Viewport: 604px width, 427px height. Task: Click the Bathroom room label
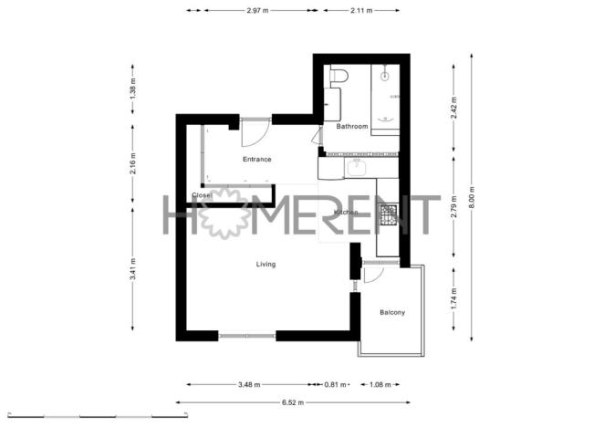click(351, 127)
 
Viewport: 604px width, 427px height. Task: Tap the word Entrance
click(256, 160)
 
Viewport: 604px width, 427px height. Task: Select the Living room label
click(266, 264)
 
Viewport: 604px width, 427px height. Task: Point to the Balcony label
click(392, 313)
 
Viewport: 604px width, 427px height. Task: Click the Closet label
click(202, 195)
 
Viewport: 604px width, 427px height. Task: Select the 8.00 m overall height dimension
click(472, 203)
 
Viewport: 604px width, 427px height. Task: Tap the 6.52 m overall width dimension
click(294, 401)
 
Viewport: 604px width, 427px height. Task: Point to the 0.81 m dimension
click(336, 384)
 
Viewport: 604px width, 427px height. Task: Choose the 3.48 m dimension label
click(247, 384)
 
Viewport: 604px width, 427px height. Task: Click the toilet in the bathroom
click(338, 76)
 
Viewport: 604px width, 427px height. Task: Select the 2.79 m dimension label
click(453, 213)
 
